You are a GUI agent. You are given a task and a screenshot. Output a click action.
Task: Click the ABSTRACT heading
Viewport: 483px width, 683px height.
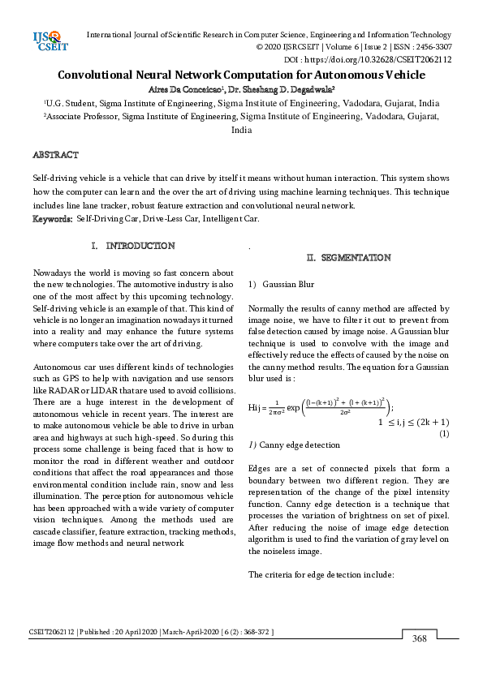point(55,155)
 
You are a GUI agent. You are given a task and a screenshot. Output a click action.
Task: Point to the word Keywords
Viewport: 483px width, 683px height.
point(52,219)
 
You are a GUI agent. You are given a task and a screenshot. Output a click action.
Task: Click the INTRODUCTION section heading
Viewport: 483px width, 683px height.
point(140,246)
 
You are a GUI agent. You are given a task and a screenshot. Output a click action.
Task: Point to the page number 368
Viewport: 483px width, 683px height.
point(419,639)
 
